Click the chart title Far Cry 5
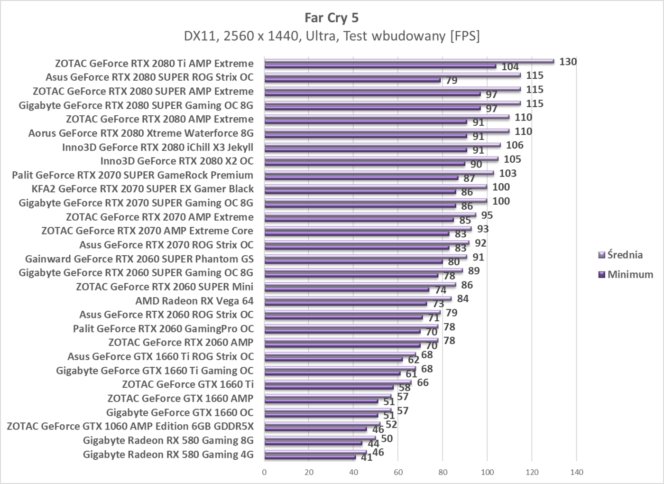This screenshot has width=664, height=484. (x=332, y=18)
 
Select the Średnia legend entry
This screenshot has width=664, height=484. (x=625, y=255)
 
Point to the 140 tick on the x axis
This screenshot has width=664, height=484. (x=576, y=472)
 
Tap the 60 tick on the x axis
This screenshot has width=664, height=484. (x=398, y=472)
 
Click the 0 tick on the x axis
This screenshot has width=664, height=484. (x=264, y=472)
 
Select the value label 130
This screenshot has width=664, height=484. (x=568, y=62)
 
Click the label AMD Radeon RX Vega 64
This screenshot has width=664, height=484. (x=194, y=301)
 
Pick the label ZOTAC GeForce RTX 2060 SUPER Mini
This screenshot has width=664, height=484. (x=165, y=287)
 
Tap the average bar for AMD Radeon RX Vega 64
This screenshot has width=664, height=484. (x=358, y=298)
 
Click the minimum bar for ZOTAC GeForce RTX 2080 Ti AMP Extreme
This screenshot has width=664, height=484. (x=380, y=66)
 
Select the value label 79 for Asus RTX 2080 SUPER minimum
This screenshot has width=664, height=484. (x=452, y=80)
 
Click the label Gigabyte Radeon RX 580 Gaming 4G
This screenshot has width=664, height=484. (x=168, y=455)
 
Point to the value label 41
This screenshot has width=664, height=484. (x=366, y=457)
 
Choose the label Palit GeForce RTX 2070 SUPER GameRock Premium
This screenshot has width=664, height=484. (x=133, y=175)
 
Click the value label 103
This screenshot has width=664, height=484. (x=507, y=173)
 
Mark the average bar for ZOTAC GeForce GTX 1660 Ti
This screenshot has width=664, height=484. (x=338, y=382)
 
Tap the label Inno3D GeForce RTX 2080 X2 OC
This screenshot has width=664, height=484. (x=176, y=161)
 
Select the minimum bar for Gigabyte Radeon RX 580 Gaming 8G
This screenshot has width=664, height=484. (x=313, y=443)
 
